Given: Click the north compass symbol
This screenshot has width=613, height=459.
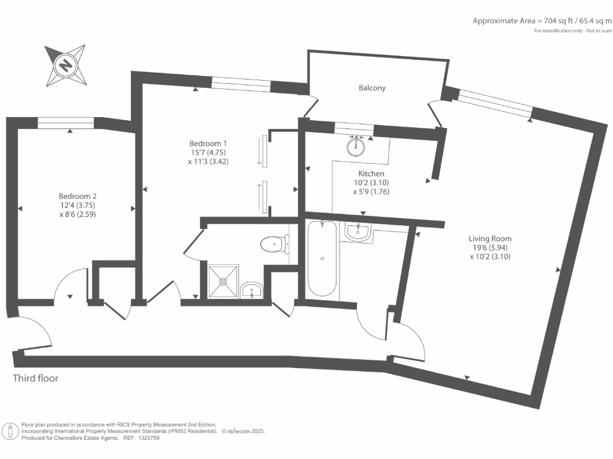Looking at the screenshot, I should [65, 64].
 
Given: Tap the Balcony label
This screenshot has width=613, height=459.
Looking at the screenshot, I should [372, 88].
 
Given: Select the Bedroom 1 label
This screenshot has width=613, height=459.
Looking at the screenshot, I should [208, 143].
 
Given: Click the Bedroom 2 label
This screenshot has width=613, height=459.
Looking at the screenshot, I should [77, 196].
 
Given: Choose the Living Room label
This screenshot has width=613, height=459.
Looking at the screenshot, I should [490, 238].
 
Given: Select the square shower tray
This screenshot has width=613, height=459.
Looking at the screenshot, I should [224, 280].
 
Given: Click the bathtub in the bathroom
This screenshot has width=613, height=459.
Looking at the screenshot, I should [322, 258].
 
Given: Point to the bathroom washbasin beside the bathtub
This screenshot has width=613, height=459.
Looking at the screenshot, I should [358, 231].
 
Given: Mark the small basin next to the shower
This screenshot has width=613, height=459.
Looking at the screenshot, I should [252, 291].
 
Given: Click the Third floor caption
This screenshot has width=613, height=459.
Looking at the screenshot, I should [36, 378].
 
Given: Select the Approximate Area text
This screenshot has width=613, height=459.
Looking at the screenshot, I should [542, 21].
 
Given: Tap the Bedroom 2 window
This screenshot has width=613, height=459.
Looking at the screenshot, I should [66, 122].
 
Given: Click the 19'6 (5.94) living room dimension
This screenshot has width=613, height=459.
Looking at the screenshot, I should [490, 247].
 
